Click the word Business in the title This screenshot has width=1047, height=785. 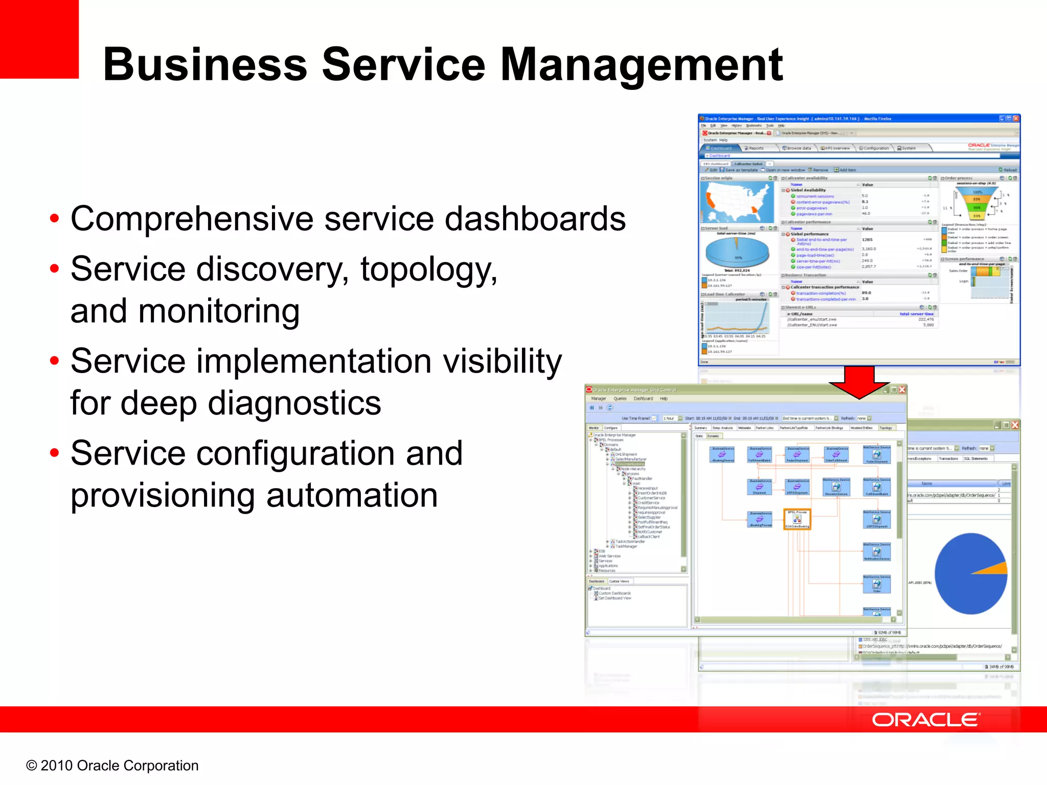coord(204,65)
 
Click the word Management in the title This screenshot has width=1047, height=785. coord(641,65)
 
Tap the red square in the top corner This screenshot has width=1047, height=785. coord(39,39)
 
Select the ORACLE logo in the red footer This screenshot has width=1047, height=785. coord(925,720)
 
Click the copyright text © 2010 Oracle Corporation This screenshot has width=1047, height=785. coord(112,765)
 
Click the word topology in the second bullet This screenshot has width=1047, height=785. coord(428,270)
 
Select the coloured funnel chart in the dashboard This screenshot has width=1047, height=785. coord(976,202)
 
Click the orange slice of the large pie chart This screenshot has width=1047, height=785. coord(994,568)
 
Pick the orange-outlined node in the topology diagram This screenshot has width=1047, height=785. coord(796,519)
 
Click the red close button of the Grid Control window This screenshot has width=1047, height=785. coord(902,390)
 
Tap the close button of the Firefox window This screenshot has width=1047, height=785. coord(1016,119)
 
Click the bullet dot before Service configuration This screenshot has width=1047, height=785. coord(55,453)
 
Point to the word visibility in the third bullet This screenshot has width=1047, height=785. coord(502,361)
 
